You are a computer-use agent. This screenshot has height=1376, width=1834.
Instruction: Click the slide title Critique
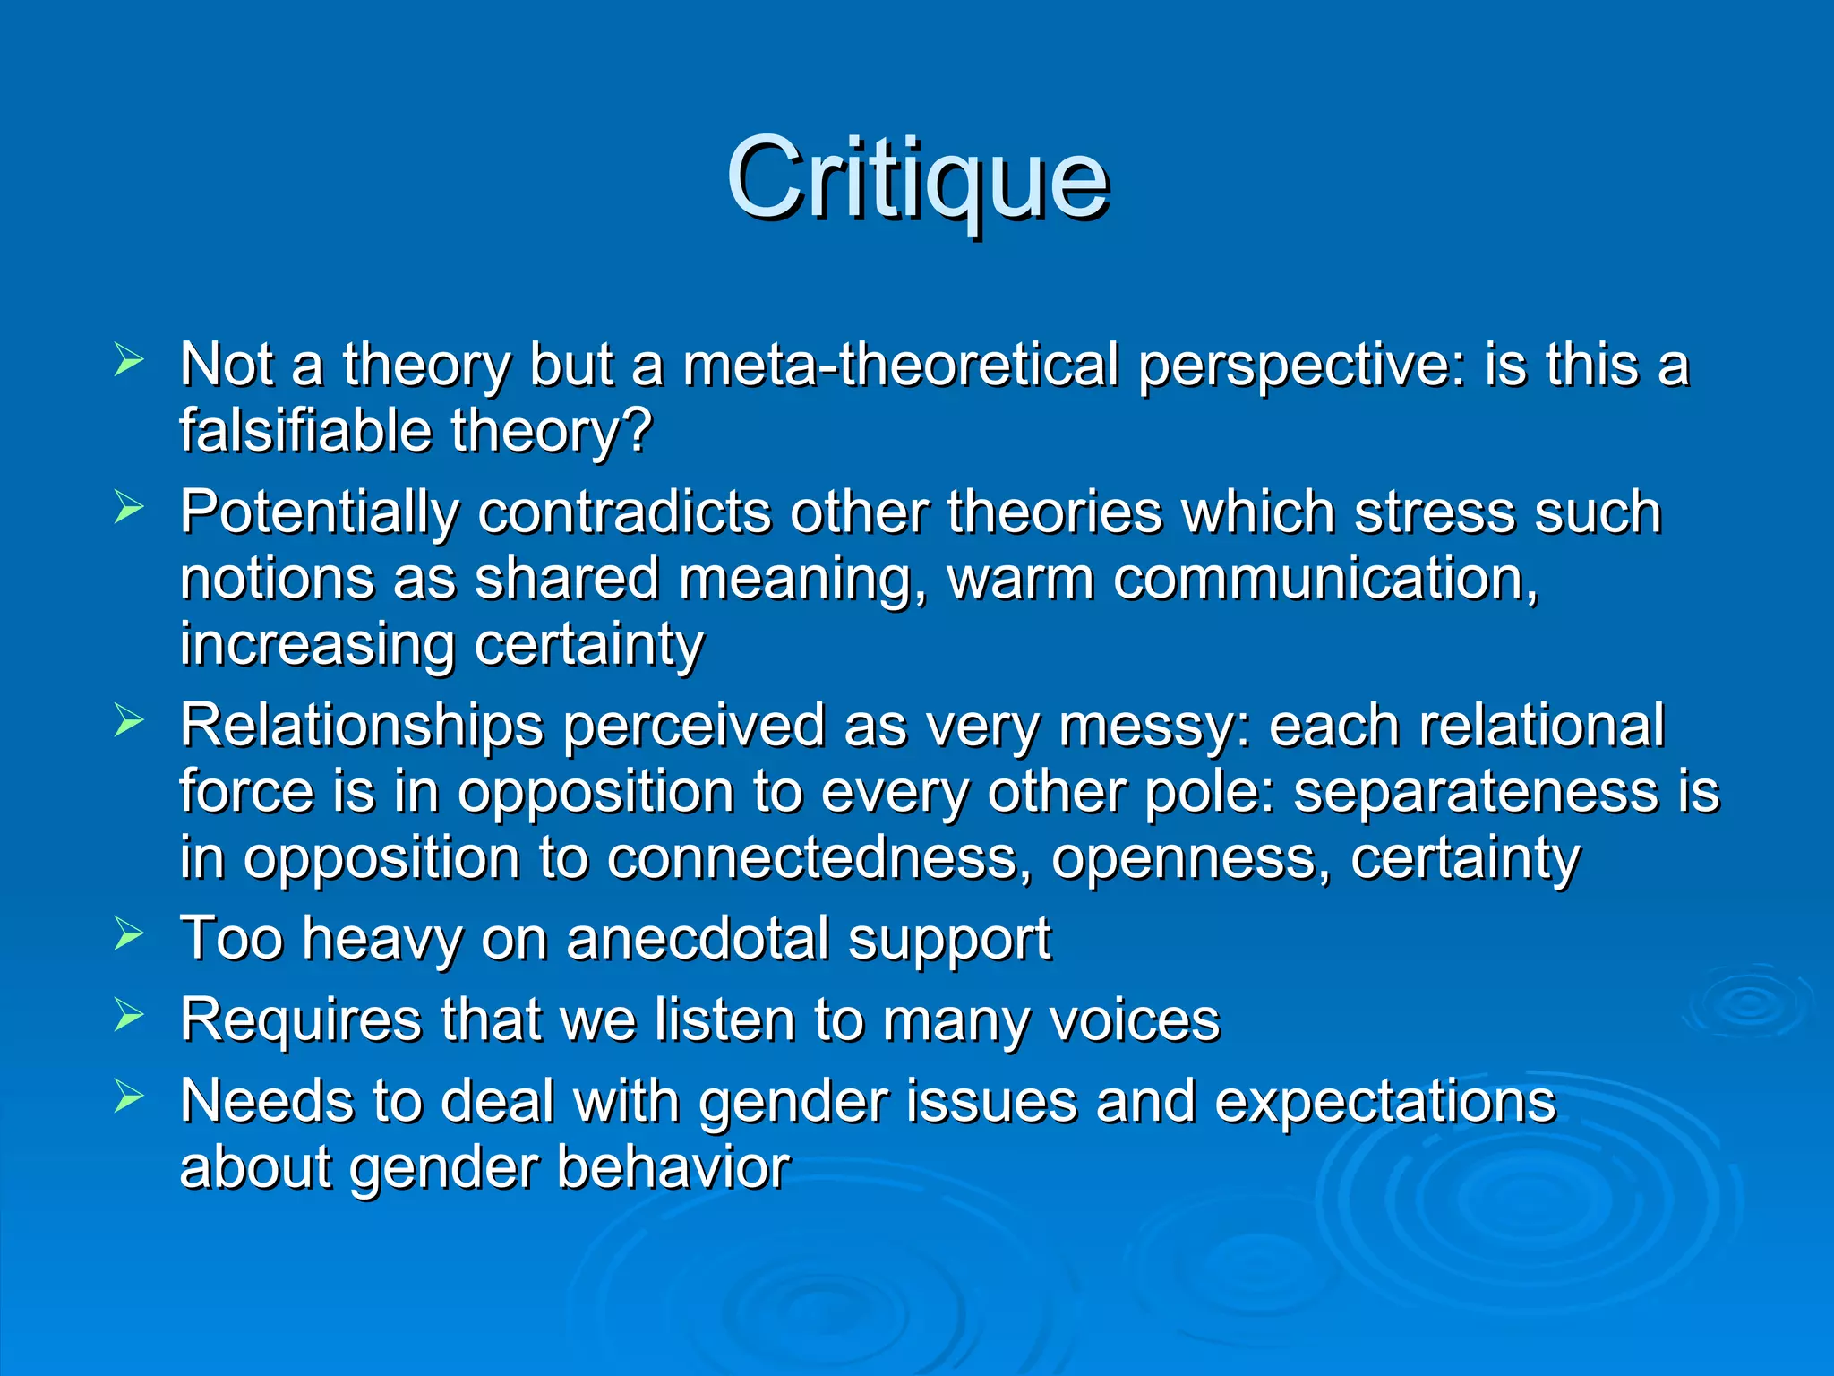click(917, 179)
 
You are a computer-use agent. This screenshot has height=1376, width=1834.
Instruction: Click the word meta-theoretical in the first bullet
click(900, 366)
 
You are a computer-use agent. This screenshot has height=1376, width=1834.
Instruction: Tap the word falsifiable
click(306, 432)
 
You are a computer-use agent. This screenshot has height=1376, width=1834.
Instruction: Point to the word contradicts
click(623, 512)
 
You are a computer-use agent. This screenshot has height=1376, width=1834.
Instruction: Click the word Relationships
click(361, 727)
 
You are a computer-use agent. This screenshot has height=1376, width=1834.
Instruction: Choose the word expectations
click(1384, 1102)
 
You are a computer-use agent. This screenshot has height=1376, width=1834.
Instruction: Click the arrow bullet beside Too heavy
click(129, 934)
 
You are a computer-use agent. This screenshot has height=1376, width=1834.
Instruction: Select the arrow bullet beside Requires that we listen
click(129, 1015)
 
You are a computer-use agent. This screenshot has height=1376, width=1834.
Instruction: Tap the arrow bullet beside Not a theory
click(129, 361)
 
